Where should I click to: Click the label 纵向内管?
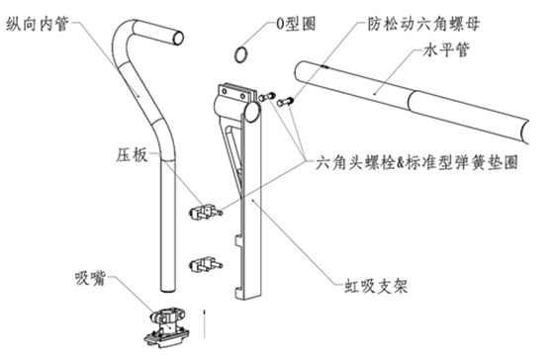point(38,24)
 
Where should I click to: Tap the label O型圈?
point(296,24)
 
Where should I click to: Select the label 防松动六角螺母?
point(423,24)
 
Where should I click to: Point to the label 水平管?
point(446,49)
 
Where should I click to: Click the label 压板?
point(133,154)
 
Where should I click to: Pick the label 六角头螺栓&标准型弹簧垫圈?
point(416,162)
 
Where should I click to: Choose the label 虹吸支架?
point(376,286)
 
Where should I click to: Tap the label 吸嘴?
point(90,278)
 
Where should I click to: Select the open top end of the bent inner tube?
point(178,38)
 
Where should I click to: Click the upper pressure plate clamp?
point(206,212)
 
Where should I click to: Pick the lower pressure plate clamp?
point(206,265)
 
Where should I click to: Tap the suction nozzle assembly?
point(167,326)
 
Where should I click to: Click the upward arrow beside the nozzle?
point(204,323)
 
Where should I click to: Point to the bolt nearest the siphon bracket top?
point(267,96)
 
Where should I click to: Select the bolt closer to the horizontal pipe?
point(285,102)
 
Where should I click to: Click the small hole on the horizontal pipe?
point(325,66)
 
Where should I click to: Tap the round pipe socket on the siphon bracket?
point(252,112)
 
